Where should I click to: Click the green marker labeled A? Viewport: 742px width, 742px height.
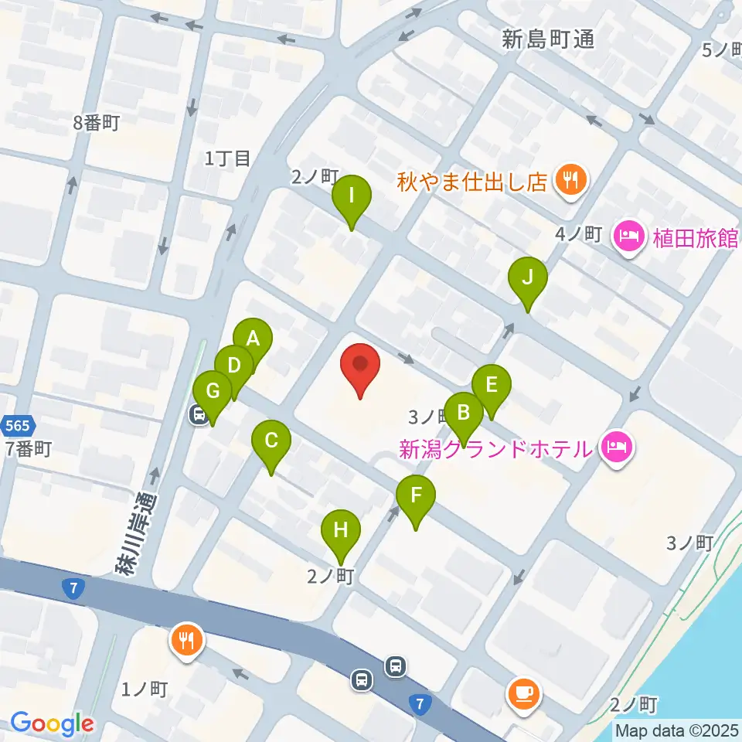pyautogui.click(x=253, y=339)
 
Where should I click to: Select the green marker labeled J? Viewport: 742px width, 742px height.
pyautogui.click(x=528, y=277)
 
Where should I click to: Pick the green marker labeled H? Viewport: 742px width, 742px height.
pyautogui.click(x=340, y=530)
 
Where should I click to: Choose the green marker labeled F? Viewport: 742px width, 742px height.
pyautogui.click(x=416, y=496)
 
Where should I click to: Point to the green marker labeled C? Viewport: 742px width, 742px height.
pyautogui.click(x=271, y=441)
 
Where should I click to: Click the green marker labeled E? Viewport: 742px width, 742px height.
pyautogui.click(x=491, y=384)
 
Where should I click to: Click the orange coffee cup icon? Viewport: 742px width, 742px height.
pyautogui.click(x=524, y=693)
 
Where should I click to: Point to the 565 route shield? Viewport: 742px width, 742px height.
pyautogui.click(x=16, y=425)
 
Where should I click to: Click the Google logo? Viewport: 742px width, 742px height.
pyautogui.click(x=52, y=724)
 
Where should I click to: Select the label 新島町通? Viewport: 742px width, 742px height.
pyautogui.click(x=548, y=40)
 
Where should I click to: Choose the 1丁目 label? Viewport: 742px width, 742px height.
pyautogui.click(x=228, y=158)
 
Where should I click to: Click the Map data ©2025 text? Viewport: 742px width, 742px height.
pyautogui.click(x=677, y=730)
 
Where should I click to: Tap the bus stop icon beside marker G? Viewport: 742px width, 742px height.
pyautogui.click(x=199, y=415)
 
